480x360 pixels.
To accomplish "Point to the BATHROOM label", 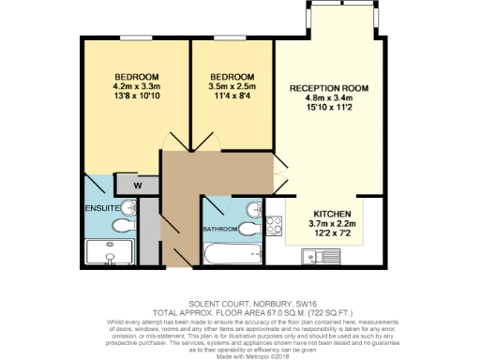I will click(221, 229).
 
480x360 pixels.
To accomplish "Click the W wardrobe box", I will click(138, 185).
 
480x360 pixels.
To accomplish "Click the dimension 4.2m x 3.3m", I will click(136, 86).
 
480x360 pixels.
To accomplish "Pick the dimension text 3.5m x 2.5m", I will click(232, 86).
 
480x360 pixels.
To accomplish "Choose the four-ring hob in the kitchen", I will click(277, 226).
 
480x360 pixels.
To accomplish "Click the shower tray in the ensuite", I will click(110, 251).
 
